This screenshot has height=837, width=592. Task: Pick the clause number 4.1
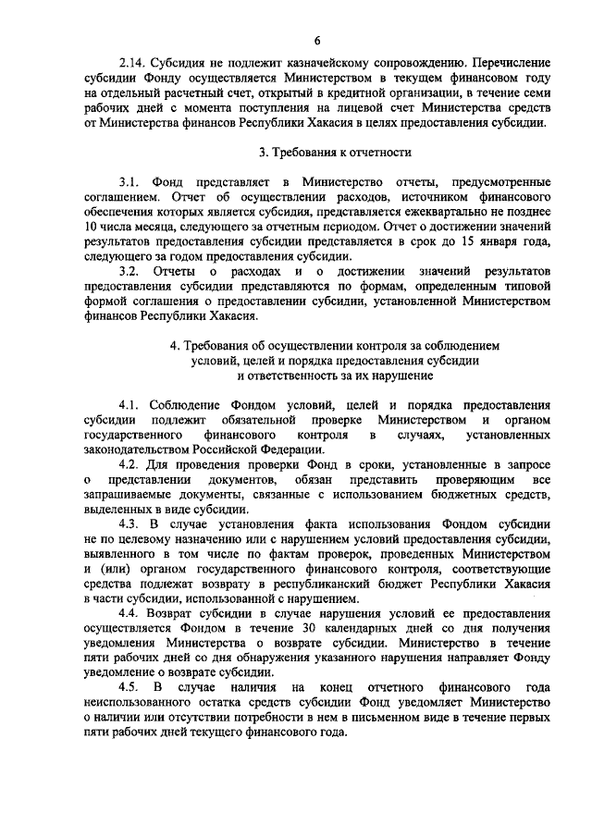pyautogui.click(x=131, y=405)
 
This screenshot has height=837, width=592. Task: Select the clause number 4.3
pyautogui.click(x=131, y=523)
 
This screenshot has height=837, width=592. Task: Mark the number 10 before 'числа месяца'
pyautogui.click(x=91, y=228)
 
